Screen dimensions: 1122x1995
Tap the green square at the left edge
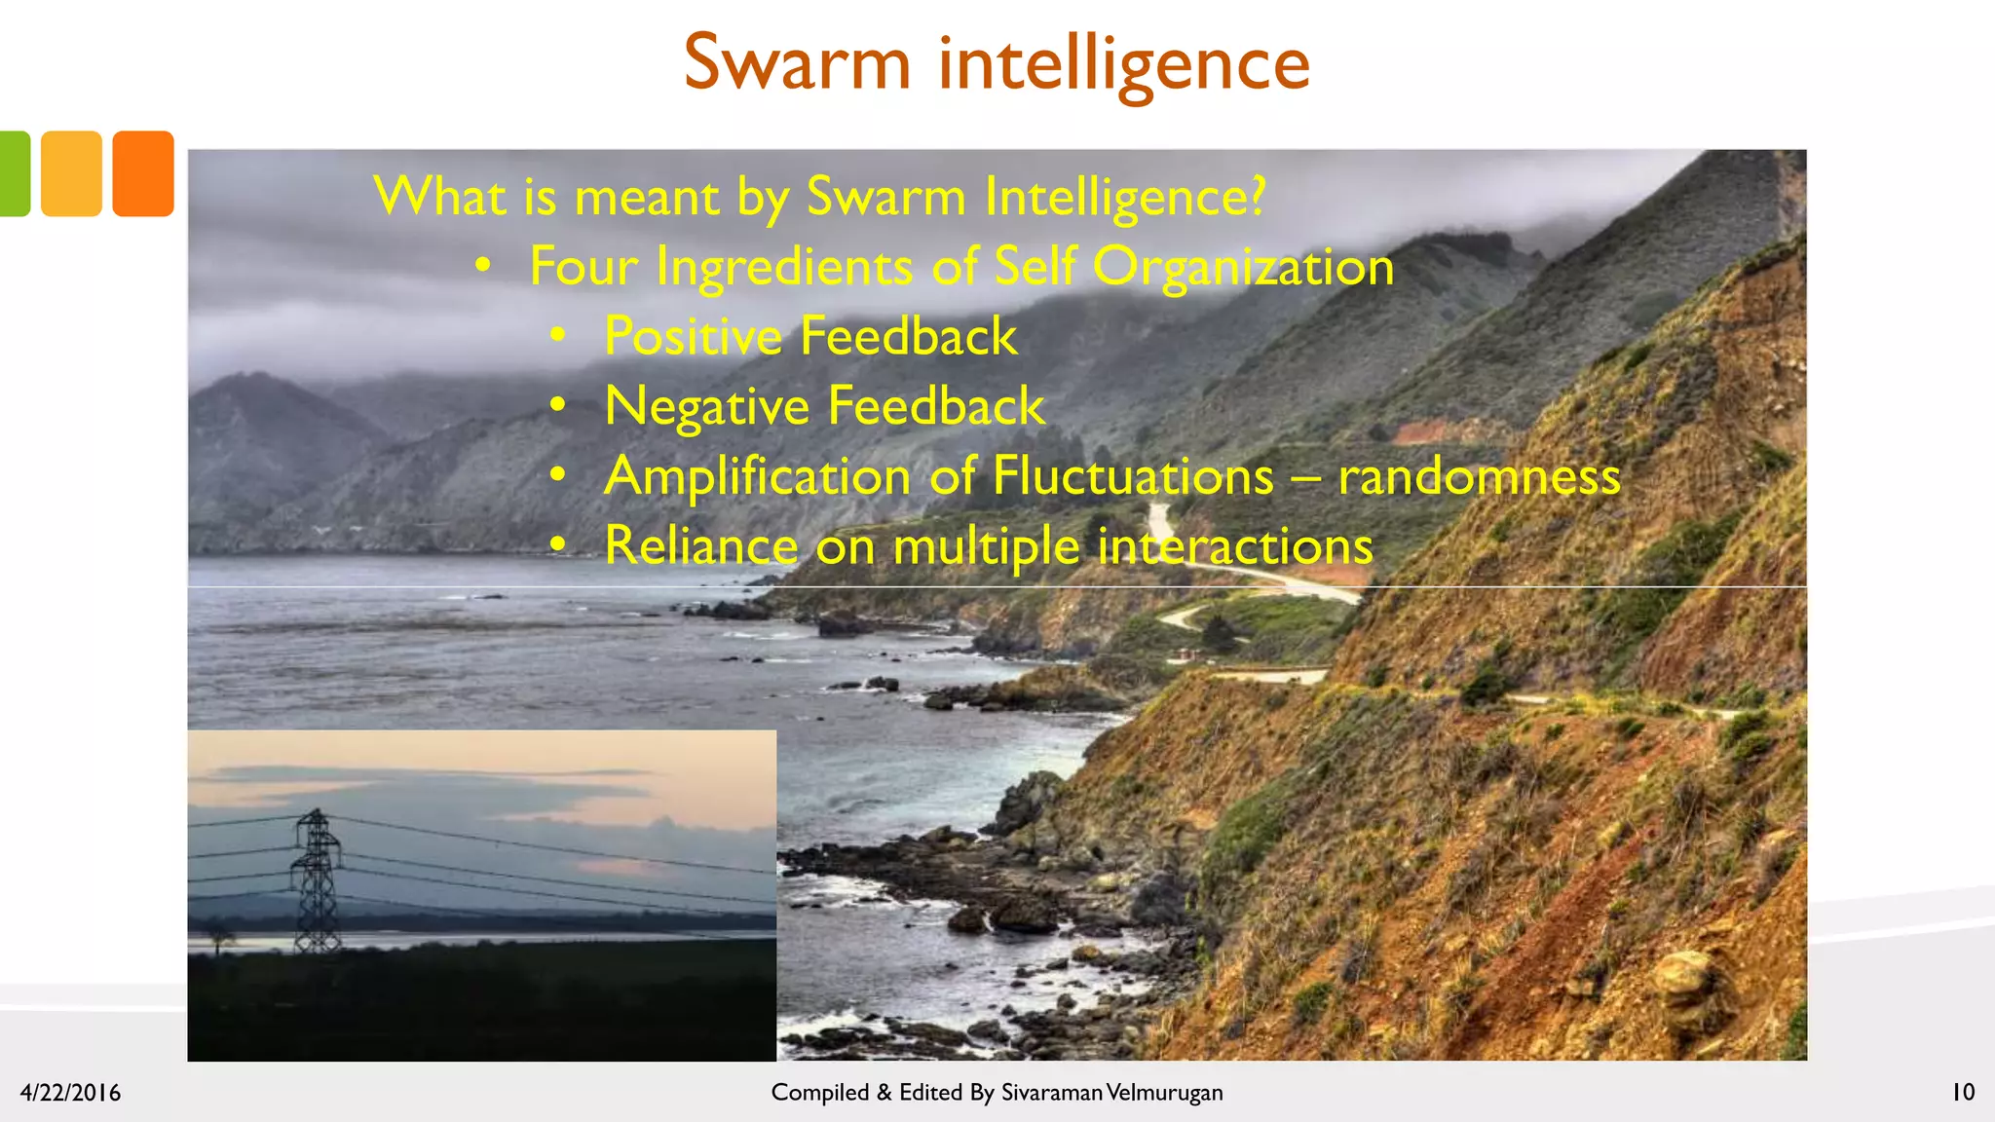(x=14, y=173)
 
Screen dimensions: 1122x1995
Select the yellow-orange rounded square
(x=71, y=173)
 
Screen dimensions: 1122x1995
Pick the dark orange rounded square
(x=143, y=173)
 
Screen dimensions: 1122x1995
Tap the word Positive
(x=693, y=336)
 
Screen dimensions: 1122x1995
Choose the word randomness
(x=1479, y=476)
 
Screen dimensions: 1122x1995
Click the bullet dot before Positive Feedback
(x=557, y=335)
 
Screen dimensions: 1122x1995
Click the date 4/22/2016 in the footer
(x=70, y=1093)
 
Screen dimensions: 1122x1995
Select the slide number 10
(x=1962, y=1092)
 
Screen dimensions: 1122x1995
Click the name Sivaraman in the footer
(x=1051, y=1093)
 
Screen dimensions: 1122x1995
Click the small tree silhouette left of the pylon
(x=220, y=936)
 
